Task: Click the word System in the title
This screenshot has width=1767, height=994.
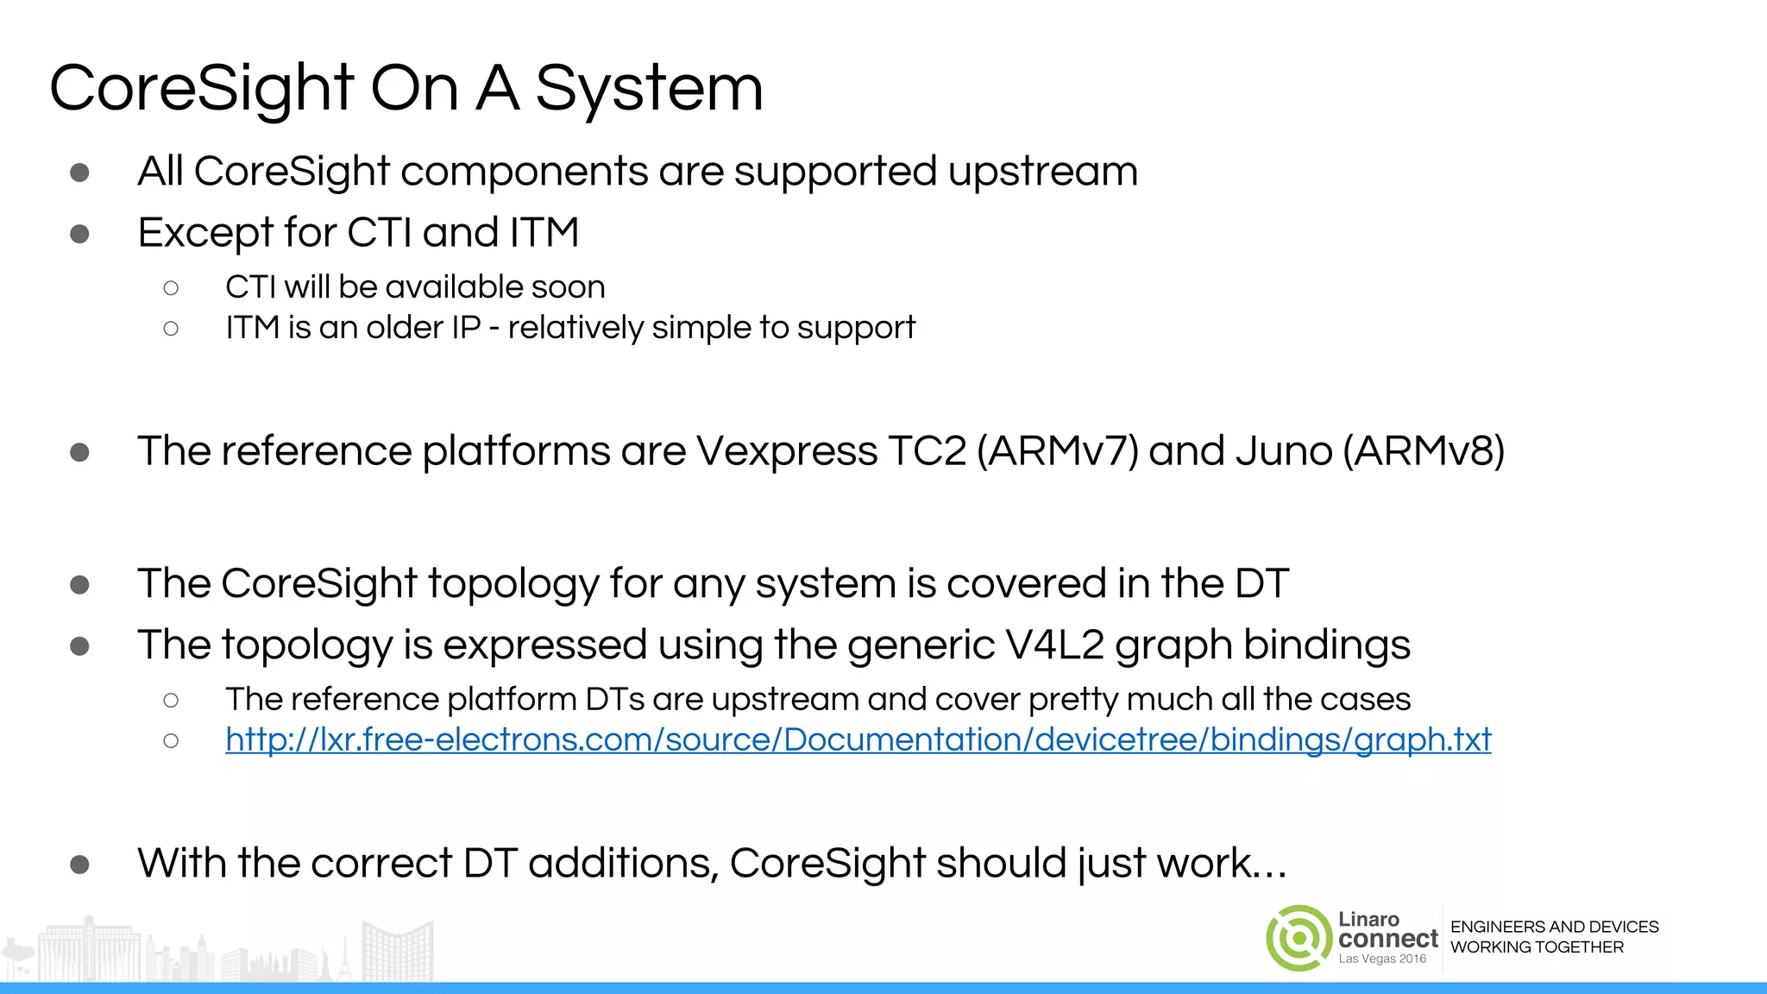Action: tap(649, 89)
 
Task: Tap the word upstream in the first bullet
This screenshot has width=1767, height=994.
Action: tap(1042, 172)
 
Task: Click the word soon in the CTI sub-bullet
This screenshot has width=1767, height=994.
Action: tap(568, 287)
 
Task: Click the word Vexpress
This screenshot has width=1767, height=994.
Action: tap(786, 451)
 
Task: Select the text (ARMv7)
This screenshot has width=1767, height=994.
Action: tap(1058, 451)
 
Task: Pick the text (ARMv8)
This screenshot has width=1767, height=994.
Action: tap(1424, 451)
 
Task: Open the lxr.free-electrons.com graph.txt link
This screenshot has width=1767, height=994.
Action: tap(858, 740)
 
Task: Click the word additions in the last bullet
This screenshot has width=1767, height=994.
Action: tap(623, 864)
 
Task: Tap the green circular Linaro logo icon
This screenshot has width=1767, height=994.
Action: tap(1298, 938)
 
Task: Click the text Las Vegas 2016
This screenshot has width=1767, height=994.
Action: tap(1382, 959)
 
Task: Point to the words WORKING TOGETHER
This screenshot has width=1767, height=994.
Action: tap(1537, 947)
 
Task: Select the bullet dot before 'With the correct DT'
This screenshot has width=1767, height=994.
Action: tap(80, 865)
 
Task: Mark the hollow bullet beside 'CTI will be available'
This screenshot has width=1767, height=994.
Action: tap(171, 288)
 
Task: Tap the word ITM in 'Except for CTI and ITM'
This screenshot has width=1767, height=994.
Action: tap(544, 233)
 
